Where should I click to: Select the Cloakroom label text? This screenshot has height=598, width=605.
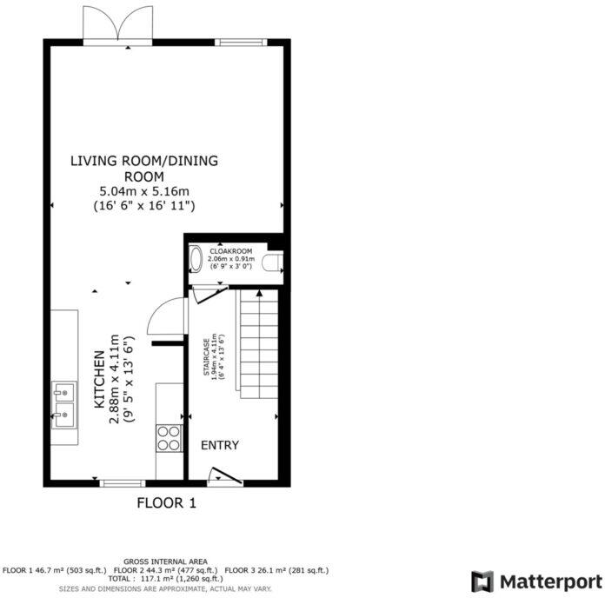click(230, 250)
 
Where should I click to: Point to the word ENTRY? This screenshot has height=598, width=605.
click(220, 445)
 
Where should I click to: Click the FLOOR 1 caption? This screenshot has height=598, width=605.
click(168, 502)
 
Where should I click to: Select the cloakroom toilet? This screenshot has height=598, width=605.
click(274, 261)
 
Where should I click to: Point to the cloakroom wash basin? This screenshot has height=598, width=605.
click(196, 258)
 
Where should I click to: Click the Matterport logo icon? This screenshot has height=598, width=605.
click(482, 581)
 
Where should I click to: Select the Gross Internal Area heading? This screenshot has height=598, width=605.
click(165, 561)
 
